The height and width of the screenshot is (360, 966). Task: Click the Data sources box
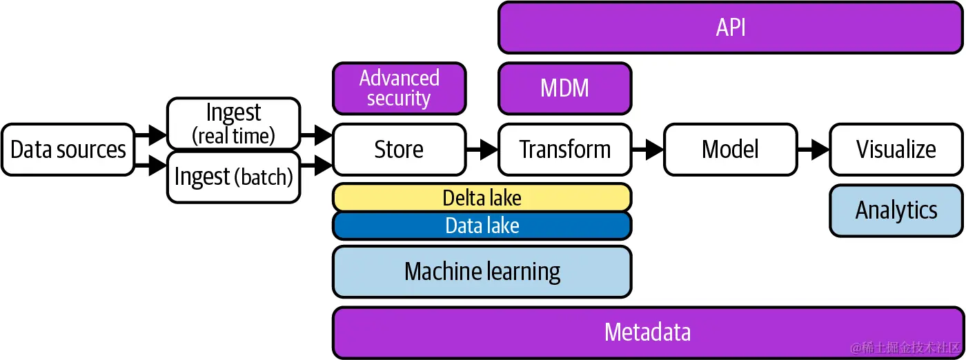[68, 150]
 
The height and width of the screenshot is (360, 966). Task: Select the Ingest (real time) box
[233, 123]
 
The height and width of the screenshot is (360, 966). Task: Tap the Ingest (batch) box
[233, 177]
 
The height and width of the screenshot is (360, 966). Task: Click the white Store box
[399, 150]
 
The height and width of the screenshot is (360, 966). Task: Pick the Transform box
[564, 150]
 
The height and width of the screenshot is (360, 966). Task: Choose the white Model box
[730, 150]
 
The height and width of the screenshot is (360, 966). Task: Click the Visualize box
[896, 150]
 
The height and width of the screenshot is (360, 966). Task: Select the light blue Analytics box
[896, 210]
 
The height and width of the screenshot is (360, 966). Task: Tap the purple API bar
[730, 28]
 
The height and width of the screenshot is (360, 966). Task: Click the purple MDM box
[564, 88]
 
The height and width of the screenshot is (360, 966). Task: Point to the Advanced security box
[399, 88]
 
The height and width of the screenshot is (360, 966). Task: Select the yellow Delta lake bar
[482, 198]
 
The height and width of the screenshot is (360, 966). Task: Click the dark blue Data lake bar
[482, 226]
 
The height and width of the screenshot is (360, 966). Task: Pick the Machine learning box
[482, 272]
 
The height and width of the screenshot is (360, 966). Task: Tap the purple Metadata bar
[647, 332]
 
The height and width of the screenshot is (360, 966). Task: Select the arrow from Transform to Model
[649, 149]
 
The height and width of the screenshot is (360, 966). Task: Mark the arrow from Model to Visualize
[814, 149]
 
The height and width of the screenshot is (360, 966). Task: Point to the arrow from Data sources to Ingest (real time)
[151, 135]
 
